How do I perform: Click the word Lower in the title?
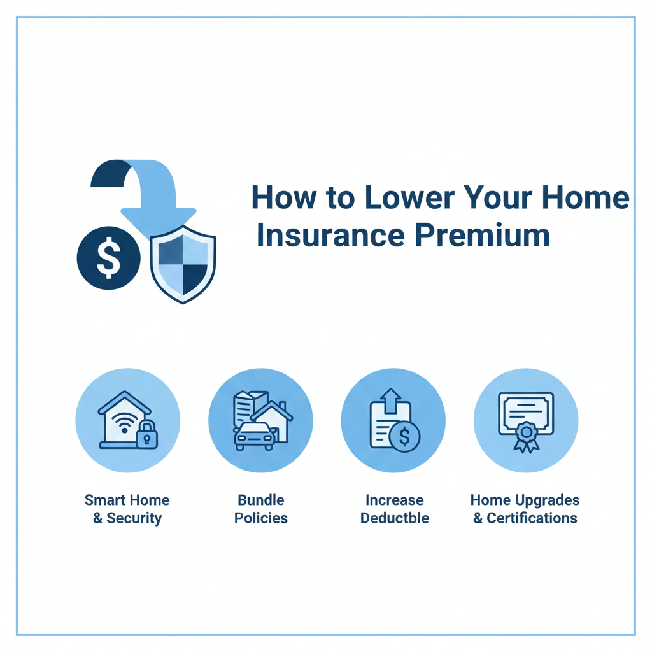(x=409, y=197)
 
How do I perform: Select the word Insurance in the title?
(x=330, y=236)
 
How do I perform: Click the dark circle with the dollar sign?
(x=108, y=258)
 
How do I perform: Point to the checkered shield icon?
(x=183, y=264)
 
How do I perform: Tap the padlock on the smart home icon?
(x=147, y=434)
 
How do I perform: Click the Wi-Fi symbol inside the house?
(x=124, y=423)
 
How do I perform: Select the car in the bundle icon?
(x=255, y=436)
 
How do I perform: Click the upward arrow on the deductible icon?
(x=390, y=400)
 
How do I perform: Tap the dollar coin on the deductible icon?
(x=404, y=436)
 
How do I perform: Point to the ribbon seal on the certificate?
(x=527, y=437)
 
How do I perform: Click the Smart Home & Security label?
(x=127, y=509)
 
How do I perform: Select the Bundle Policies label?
(x=260, y=509)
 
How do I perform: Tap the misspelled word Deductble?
(x=395, y=518)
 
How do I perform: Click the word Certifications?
(x=532, y=518)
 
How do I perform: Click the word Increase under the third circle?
(x=395, y=500)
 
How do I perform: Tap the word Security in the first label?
(x=134, y=518)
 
